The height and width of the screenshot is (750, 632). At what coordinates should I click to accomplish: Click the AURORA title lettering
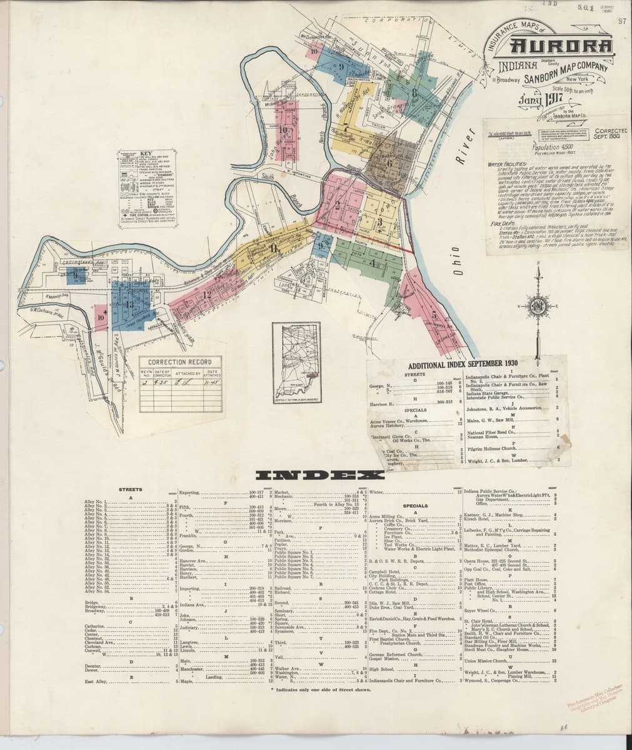[x=558, y=46]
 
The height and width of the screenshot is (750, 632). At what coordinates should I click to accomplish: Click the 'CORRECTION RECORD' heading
[x=171, y=362]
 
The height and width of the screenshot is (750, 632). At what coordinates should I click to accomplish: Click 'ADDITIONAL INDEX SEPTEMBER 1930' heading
[x=467, y=365]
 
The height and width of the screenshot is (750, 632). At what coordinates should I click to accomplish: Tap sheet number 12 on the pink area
[x=205, y=293]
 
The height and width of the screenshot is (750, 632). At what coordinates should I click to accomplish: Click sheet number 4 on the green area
[x=373, y=264]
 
